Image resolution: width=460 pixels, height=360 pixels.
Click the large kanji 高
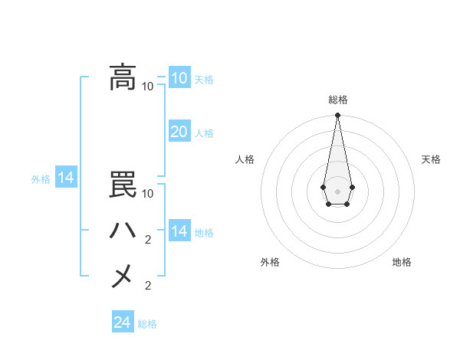123,77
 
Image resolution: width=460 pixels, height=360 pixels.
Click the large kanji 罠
123,185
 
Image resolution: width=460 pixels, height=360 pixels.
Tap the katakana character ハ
123,231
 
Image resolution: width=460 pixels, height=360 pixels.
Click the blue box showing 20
179,132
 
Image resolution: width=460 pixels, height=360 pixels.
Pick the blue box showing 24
123,322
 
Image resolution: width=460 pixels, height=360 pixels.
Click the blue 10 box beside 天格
179,78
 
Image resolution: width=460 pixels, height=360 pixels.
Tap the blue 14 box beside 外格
66,178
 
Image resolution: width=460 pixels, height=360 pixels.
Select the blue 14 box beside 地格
179,231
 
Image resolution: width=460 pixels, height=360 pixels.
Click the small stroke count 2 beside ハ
148,240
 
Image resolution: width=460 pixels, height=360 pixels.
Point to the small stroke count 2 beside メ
148,286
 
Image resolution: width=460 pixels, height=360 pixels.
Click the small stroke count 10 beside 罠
148,194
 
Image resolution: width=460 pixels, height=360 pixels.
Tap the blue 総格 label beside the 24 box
147,324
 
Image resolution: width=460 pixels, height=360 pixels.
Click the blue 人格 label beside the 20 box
204,133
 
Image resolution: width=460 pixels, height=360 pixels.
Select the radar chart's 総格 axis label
337,100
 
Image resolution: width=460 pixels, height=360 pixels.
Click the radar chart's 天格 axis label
431,159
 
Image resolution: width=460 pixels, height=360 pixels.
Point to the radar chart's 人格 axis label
245,159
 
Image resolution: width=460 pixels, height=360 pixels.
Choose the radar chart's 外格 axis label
270,262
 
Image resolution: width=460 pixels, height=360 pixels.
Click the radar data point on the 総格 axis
337,115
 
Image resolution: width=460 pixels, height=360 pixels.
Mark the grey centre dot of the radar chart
337,190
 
